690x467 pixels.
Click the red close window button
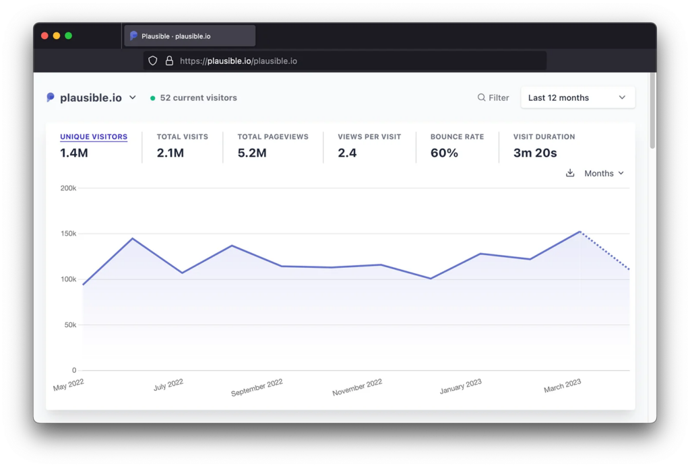(44, 36)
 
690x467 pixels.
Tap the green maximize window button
(68, 36)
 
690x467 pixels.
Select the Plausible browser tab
(189, 36)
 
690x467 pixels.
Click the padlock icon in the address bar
(169, 61)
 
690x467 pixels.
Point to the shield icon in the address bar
(153, 61)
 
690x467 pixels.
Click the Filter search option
(493, 98)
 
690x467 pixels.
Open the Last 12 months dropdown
(577, 98)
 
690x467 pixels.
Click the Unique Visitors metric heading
(94, 137)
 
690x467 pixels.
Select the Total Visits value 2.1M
(170, 153)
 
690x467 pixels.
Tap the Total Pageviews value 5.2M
(252, 153)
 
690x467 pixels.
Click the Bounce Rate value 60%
(444, 153)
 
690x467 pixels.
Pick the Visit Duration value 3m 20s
(535, 153)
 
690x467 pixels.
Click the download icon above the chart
(570, 173)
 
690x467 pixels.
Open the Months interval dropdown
(604, 173)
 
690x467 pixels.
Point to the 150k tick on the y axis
(68, 233)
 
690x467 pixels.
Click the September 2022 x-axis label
(257, 388)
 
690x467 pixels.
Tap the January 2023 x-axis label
(460, 386)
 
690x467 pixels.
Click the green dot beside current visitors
(153, 98)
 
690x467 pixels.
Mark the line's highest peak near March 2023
(580, 231)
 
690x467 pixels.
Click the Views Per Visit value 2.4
(347, 153)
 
